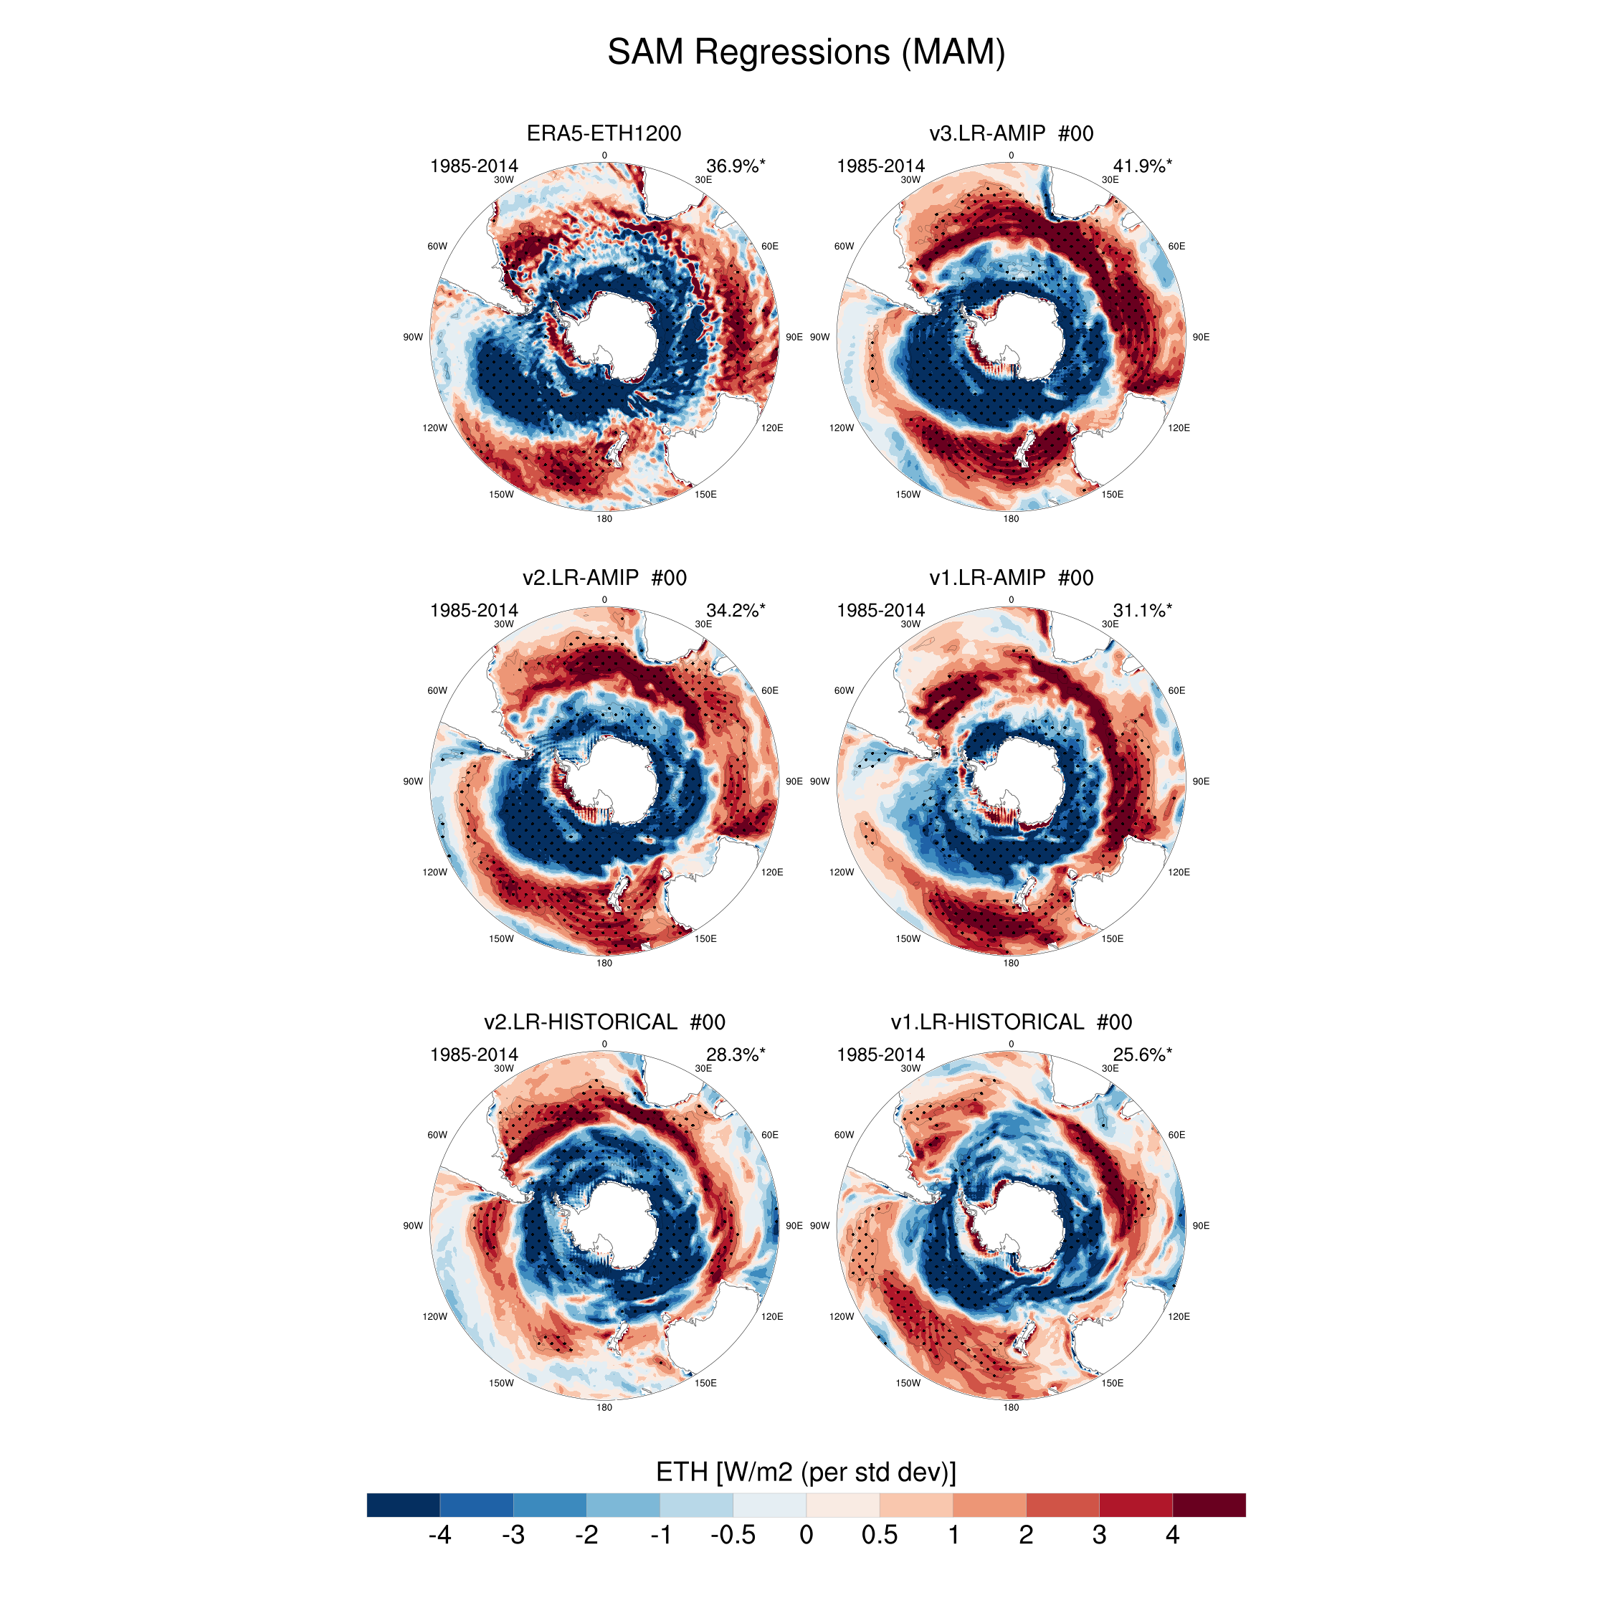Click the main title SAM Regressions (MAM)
[806, 52]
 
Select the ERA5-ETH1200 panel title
[604, 133]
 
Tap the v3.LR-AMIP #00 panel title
[1011, 133]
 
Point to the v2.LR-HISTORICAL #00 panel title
[604, 1022]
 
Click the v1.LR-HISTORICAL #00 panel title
[1011, 1022]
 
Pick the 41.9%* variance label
[1142, 166]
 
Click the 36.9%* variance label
[736, 166]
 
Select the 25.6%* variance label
[1142, 1055]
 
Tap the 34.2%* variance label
[736, 610]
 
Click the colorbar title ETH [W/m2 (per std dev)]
[806, 1472]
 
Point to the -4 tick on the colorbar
[440, 1535]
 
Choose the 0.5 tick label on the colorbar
[879, 1535]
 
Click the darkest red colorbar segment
[1209, 1505]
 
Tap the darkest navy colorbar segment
[403, 1505]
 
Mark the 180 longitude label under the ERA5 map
[604, 519]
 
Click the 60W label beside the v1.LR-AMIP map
[844, 690]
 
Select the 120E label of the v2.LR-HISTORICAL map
[772, 1317]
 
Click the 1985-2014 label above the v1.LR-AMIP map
[881, 610]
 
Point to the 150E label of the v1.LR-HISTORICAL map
[1112, 1384]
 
